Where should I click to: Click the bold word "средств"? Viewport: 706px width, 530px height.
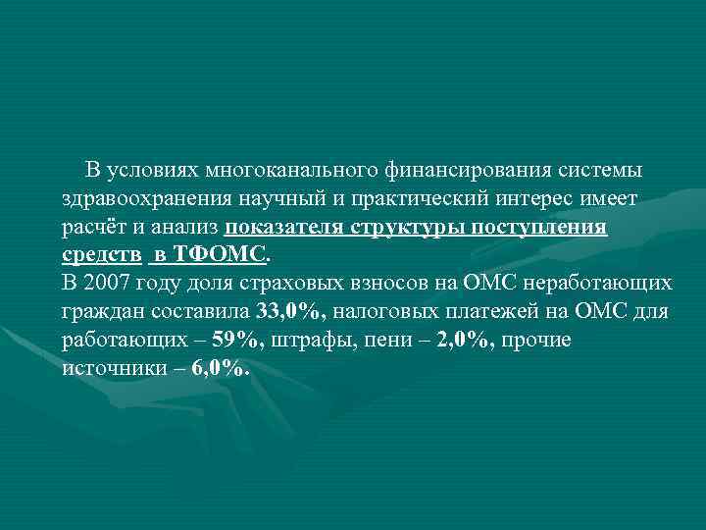[99, 256]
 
